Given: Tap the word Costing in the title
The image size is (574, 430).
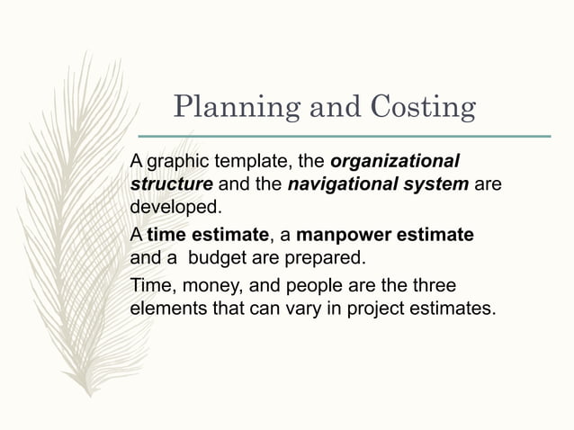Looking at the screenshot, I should click(423, 108).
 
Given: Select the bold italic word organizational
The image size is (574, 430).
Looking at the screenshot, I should click(395, 163).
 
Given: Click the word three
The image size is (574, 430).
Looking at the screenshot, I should click(432, 287).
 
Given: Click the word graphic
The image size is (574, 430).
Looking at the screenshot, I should click(175, 163).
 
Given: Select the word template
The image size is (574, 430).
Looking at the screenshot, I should click(244, 163).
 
